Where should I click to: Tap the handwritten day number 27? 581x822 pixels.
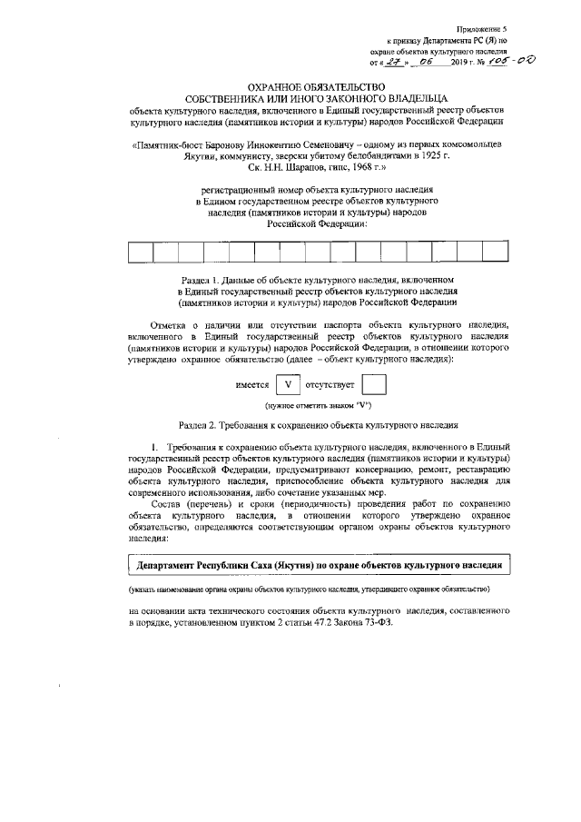393,63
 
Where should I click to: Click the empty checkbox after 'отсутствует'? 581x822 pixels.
374,385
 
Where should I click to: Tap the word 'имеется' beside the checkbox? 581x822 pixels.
251,386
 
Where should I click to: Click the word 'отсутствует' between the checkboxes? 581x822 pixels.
330,386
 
